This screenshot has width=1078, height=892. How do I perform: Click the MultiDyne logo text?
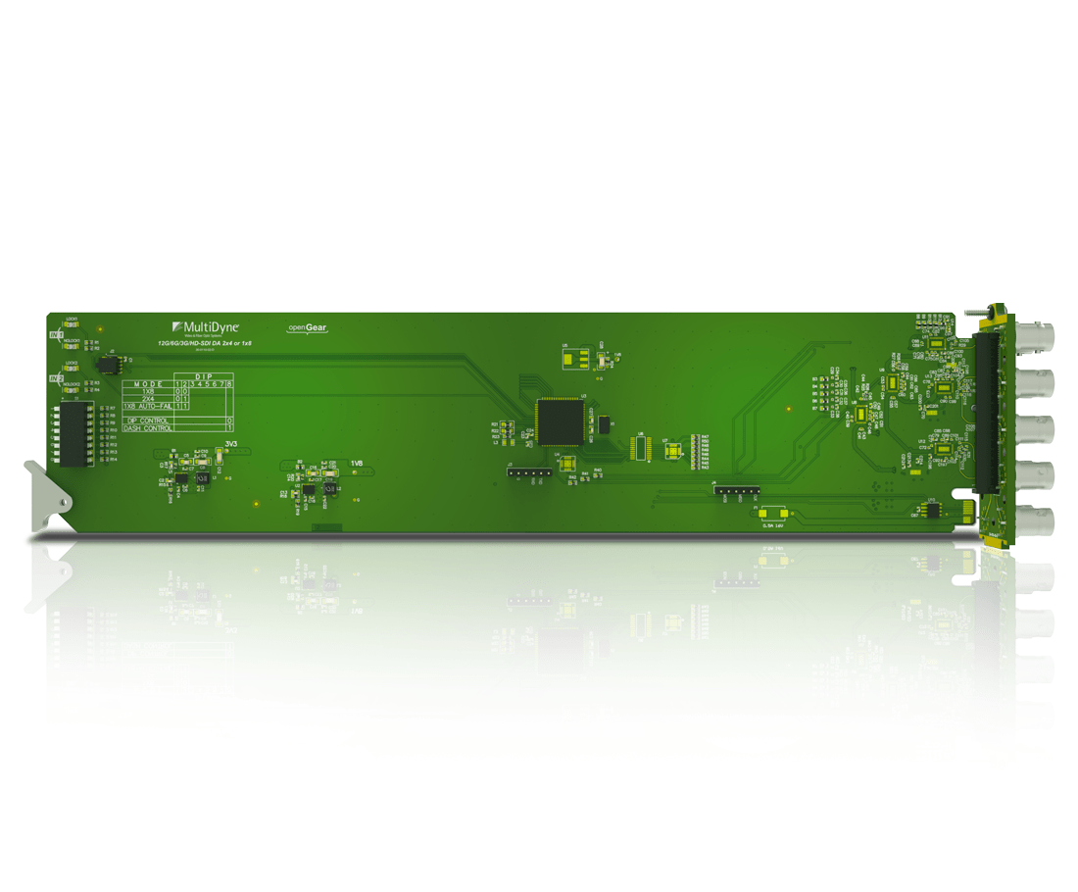tap(212, 325)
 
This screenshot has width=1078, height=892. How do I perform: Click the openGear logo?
tap(307, 327)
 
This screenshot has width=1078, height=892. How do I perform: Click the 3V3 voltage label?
tap(232, 444)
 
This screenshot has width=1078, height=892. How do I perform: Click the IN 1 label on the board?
tap(57, 335)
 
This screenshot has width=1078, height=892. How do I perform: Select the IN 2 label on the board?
tap(57, 377)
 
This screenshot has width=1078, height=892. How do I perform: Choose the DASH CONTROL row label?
tap(148, 428)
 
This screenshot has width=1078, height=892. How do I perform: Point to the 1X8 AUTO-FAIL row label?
tap(148, 406)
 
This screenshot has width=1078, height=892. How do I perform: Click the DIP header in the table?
tap(204, 376)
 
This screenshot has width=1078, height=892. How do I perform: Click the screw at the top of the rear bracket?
tap(972, 316)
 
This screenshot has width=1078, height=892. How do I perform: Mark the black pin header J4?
tap(736, 489)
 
